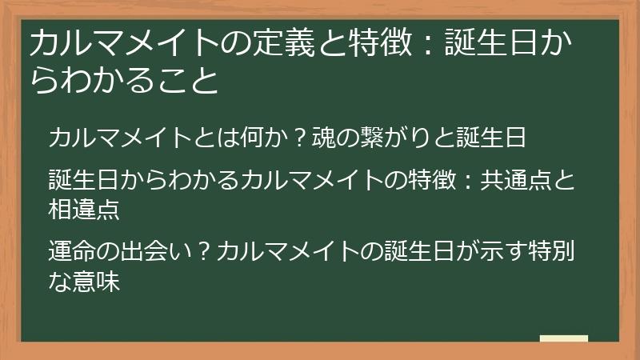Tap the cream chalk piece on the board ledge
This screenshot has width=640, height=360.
click(x=564, y=338)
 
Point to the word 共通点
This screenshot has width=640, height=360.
click(x=515, y=180)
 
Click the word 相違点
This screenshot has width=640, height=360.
click(x=84, y=210)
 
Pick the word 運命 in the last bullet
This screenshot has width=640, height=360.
click(x=72, y=250)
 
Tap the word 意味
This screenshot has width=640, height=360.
click(x=96, y=282)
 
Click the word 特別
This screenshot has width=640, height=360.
click(x=551, y=250)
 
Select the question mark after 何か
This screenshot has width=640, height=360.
click(x=300, y=138)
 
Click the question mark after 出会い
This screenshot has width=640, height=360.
click(x=204, y=250)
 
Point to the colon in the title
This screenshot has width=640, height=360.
click(x=428, y=44)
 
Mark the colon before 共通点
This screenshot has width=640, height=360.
click(x=468, y=181)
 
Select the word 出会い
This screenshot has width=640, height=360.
click(x=156, y=250)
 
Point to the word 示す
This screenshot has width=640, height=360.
click(x=503, y=250)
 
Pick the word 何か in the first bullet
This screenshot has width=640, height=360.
click(x=265, y=138)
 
